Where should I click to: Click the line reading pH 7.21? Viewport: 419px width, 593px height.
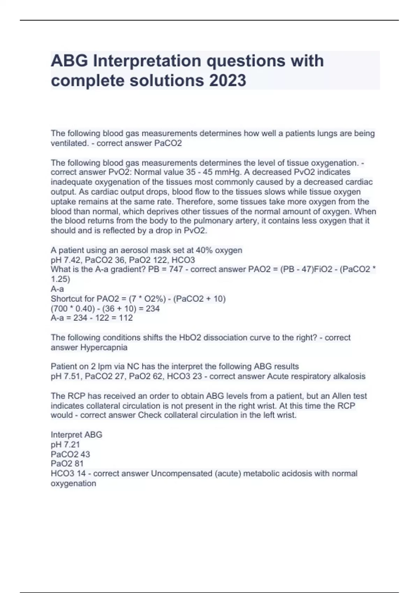pyautogui.click(x=65, y=444)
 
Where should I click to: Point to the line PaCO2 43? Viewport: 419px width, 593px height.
pyautogui.click(x=70, y=454)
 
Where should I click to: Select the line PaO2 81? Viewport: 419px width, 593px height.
pyautogui.click(x=67, y=464)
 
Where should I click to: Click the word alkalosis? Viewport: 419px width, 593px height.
pyautogui.click(x=348, y=376)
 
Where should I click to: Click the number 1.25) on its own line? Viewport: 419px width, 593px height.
pyautogui.click(x=60, y=279)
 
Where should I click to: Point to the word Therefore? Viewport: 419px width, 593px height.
pyautogui.click(x=196, y=202)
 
